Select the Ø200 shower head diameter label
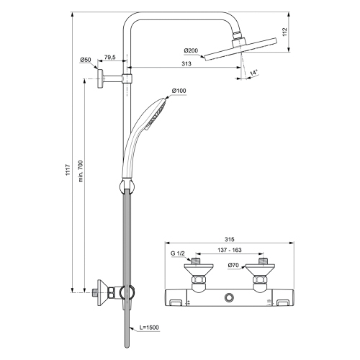191,50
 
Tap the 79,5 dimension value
111,57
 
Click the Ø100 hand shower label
179,91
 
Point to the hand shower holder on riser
127,188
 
